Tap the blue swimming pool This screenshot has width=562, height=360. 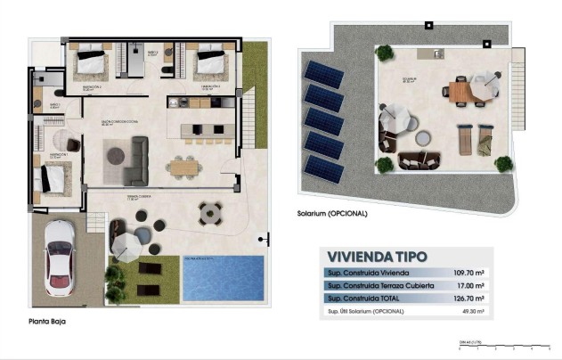coord(224,277)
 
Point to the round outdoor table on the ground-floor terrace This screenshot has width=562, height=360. coord(211,214)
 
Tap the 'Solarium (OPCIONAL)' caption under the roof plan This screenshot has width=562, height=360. coord(331,214)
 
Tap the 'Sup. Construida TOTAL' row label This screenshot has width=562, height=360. coord(366,299)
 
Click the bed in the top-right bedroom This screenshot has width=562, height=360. coord(210,62)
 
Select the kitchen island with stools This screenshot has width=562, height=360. coord(205,130)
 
